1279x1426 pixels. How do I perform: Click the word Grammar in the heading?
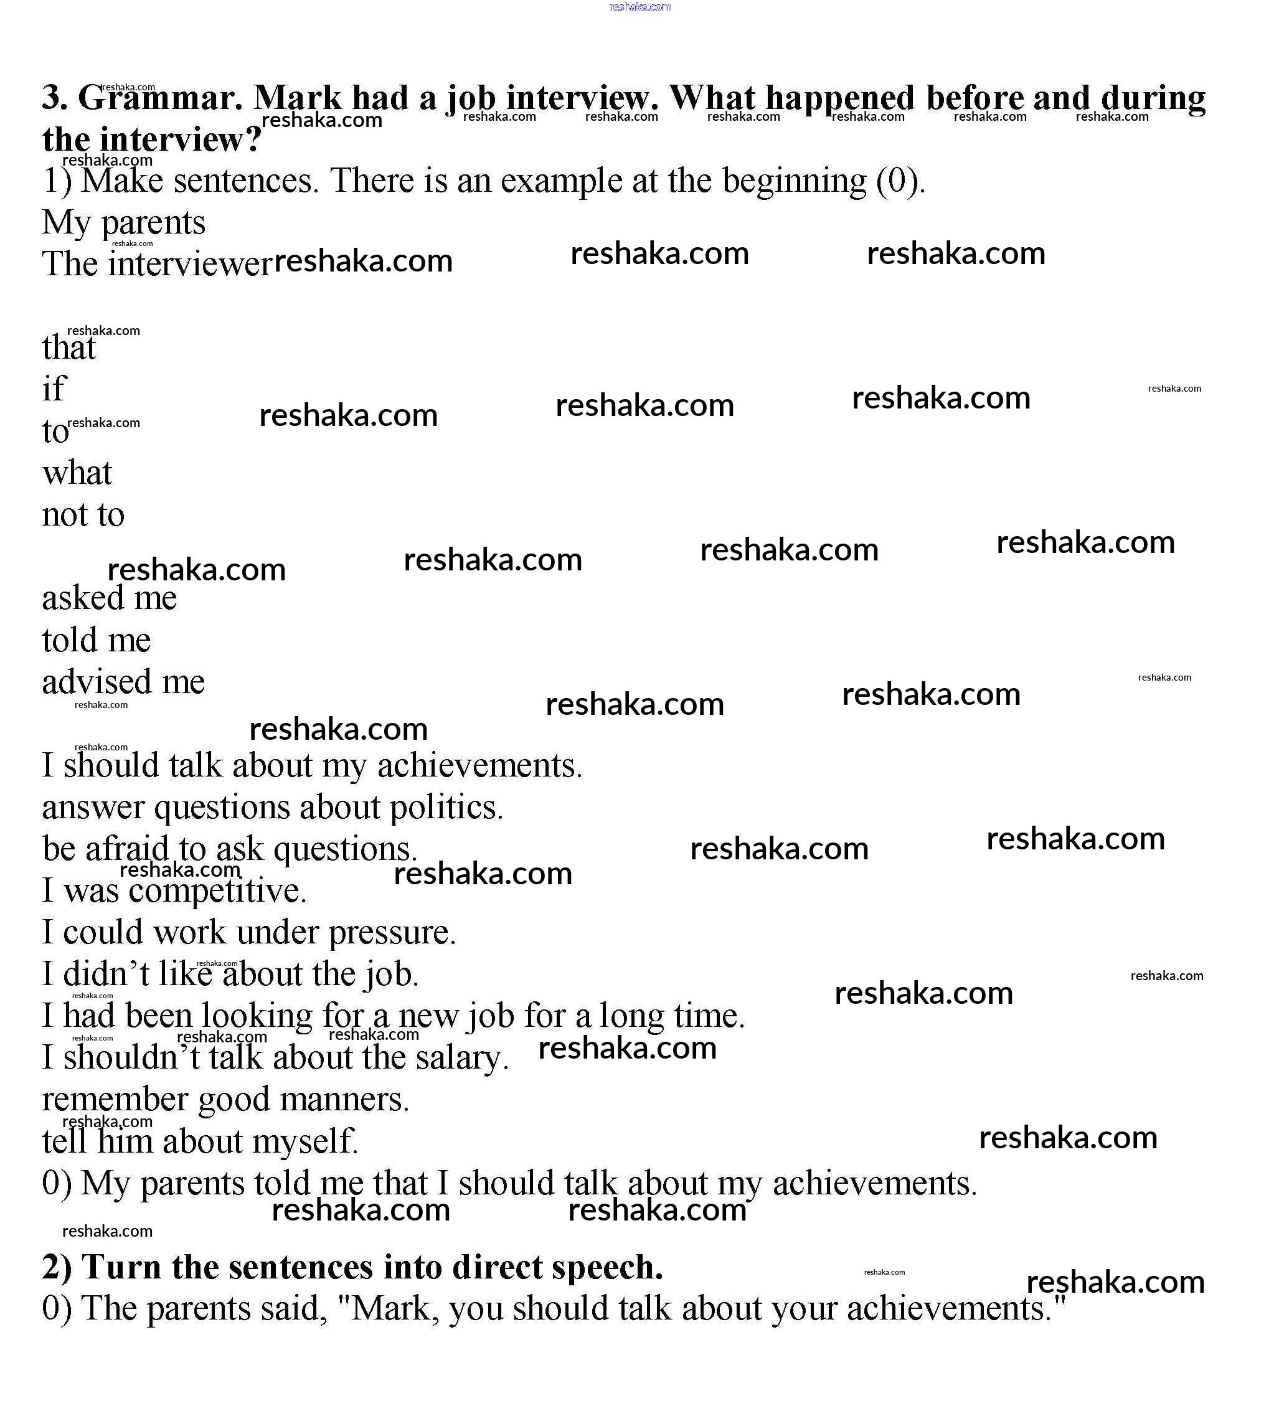point(159,98)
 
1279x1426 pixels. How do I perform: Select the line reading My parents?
point(124,224)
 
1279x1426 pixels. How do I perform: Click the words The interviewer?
point(156,265)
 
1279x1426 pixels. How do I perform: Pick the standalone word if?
point(54,389)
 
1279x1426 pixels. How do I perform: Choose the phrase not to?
point(83,515)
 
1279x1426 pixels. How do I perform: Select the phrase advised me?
point(123,682)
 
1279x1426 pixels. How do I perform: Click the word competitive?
point(218,891)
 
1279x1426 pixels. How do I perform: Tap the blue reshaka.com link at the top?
point(639,7)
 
